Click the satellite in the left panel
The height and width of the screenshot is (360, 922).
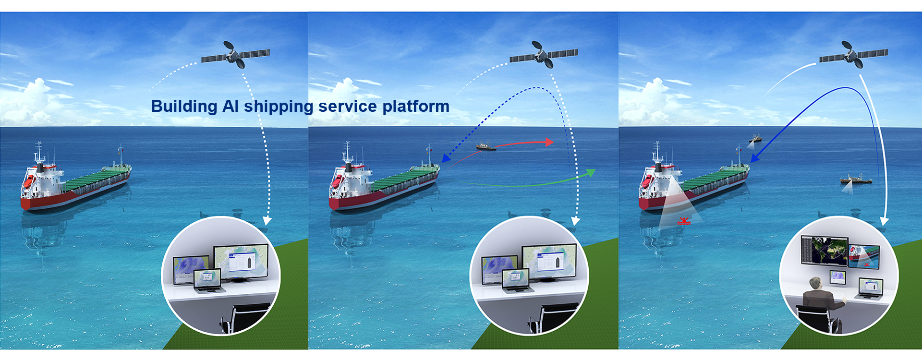[x=236, y=55]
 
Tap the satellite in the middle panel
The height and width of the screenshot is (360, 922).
[x=544, y=55]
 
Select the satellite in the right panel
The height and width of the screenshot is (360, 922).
[x=854, y=55]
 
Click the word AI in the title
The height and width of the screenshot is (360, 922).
[x=230, y=106]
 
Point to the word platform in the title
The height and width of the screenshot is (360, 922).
[x=416, y=107]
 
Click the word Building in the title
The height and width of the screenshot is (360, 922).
[x=184, y=107]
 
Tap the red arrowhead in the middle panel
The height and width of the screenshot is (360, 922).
[x=548, y=142]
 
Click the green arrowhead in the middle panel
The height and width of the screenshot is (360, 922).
[x=590, y=173]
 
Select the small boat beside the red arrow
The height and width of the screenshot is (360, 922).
[x=485, y=146]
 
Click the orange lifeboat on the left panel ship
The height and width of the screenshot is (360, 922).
[x=29, y=181]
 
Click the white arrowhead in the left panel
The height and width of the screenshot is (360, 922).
[x=267, y=221]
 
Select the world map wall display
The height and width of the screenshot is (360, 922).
[x=825, y=251]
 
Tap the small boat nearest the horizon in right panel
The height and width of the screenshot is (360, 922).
[x=755, y=139]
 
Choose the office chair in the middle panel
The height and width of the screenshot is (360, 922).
[x=554, y=317]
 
